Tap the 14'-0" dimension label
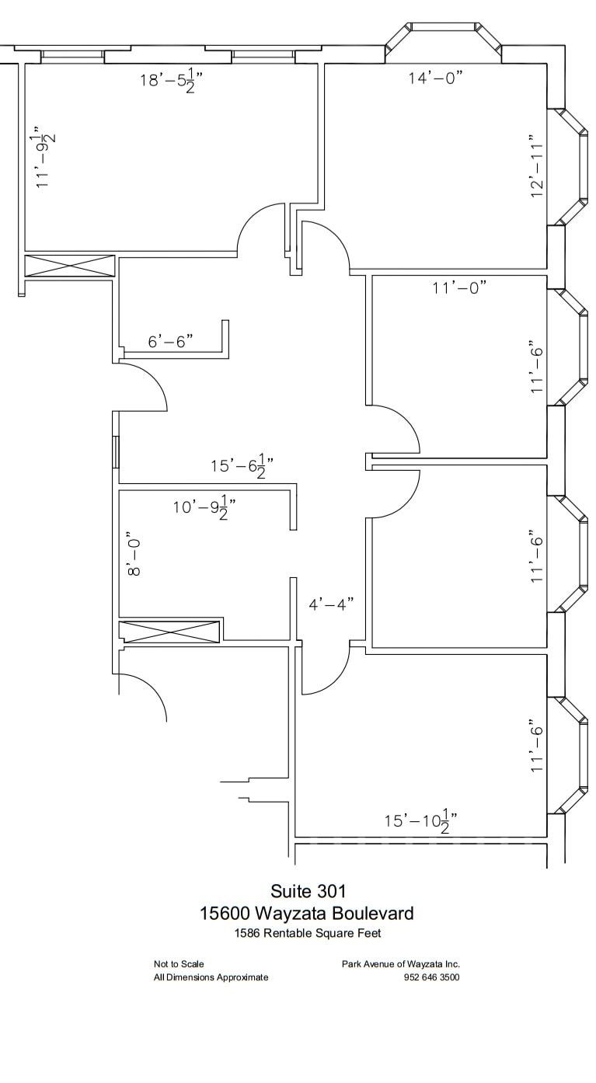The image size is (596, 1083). (x=436, y=78)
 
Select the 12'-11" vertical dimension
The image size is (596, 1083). (x=537, y=165)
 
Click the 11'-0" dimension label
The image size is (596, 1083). (x=459, y=287)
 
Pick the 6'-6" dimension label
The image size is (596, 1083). (x=171, y=341)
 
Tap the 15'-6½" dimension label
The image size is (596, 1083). (x=242, y=466)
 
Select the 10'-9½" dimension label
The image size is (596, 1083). (x=204, y=507)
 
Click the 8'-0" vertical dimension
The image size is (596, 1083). (x=134, y=554)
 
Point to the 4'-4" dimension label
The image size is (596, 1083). (x=331, y=604)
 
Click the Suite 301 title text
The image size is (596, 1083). (x=308, y=890)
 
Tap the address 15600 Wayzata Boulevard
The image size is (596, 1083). (x=307, y=914)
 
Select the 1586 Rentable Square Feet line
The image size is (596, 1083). (x=308, y=933)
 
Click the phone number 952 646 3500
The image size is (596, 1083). (x=431, y=977)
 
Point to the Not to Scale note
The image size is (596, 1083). (x=179, y=964)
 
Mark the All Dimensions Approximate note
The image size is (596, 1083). (x=211, y=977)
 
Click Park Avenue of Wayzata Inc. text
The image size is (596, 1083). (x=401, y=964)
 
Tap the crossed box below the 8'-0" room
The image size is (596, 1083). (x=169, y=632)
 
